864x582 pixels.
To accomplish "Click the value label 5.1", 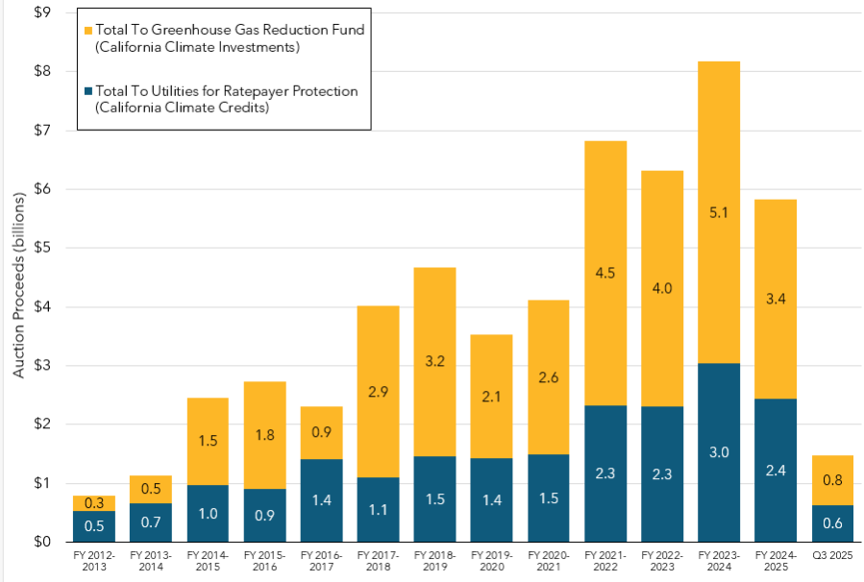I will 718,213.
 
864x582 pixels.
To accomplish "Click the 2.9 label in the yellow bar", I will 378,391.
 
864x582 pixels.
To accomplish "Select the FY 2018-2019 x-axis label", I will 433,561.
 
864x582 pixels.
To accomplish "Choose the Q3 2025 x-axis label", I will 831,556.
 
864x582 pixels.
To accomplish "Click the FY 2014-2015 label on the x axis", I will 208,561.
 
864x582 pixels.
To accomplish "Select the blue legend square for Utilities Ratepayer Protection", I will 88,91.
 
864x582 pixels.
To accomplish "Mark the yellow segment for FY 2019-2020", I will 491,384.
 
